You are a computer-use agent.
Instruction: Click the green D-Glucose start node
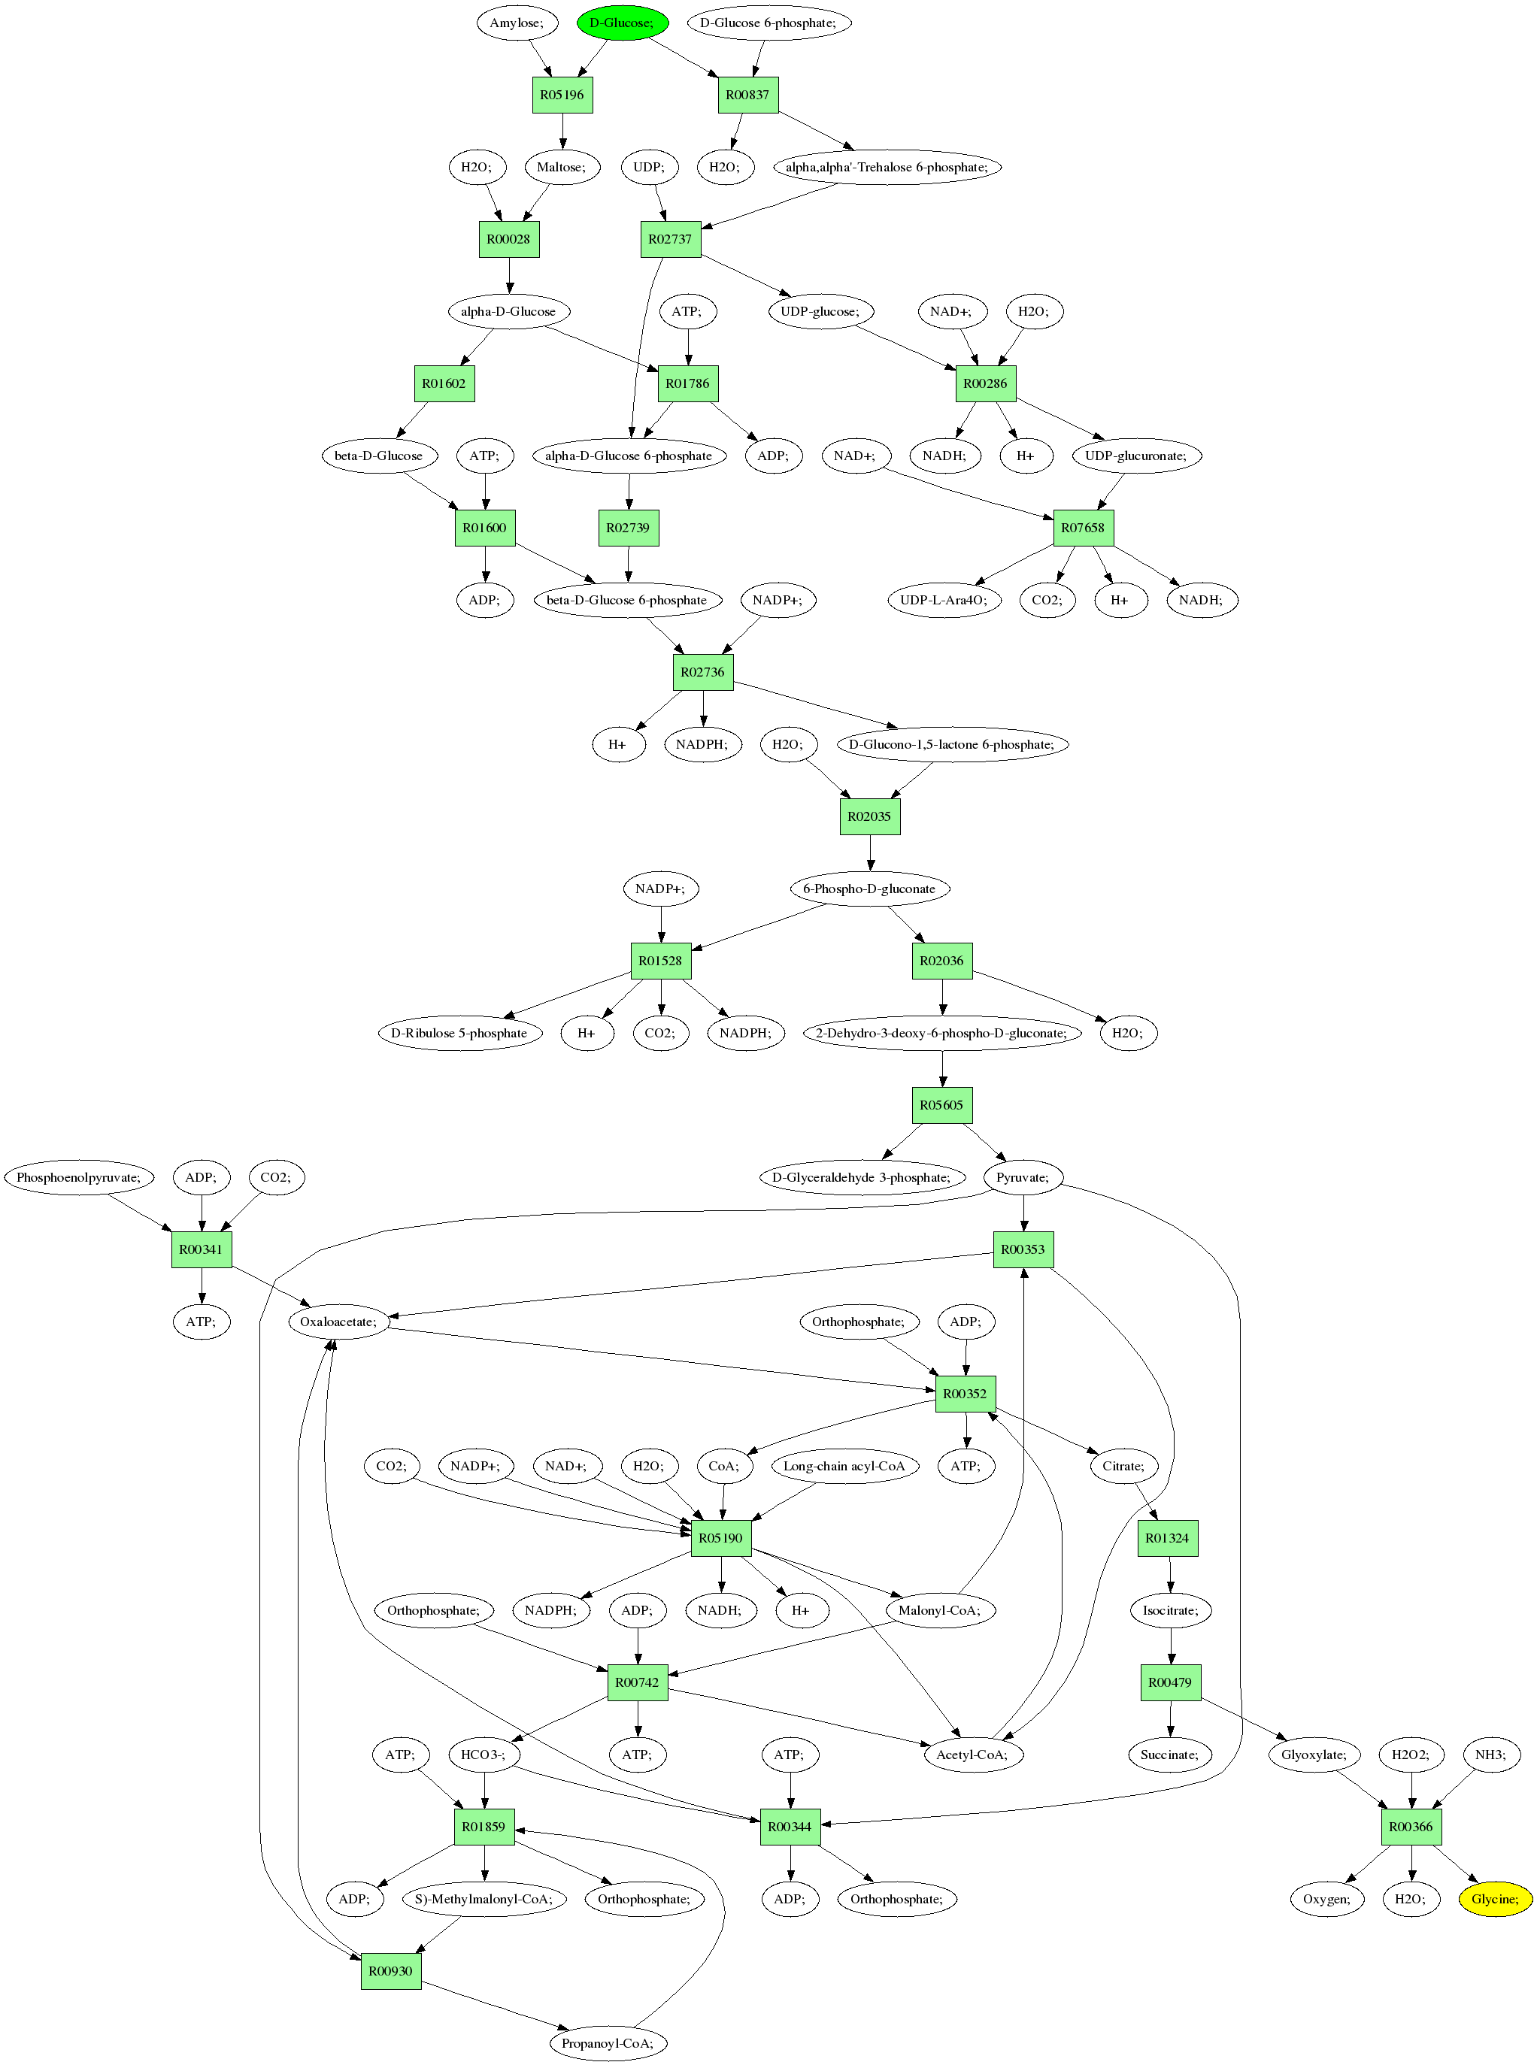pos(623,23)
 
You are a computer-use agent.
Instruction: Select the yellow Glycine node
pos(1495,1899)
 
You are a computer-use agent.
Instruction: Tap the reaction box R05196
pos(562,95)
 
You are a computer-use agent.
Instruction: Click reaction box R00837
pos(748,95)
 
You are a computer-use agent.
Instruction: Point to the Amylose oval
pos(517,23)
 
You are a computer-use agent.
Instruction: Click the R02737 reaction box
pos(670,239)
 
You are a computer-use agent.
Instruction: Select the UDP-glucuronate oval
pos(1136,456)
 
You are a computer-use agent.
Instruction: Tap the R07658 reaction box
pos(1083,528)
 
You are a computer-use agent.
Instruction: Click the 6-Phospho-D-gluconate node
pos(870,889)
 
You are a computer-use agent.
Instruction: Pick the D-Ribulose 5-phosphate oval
pos(459,1033)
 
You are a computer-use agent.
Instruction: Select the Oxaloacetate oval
pos(338,1322)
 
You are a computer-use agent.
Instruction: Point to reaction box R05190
pos(721,1537)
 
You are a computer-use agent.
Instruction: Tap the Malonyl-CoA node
pos(940,1610)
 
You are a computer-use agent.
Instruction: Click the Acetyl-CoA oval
pos(972,1755)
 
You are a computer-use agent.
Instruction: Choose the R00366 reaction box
pos(1411,1826)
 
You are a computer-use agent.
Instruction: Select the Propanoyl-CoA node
pos(608,2042)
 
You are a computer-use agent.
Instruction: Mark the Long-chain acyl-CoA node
pos(844,1466)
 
